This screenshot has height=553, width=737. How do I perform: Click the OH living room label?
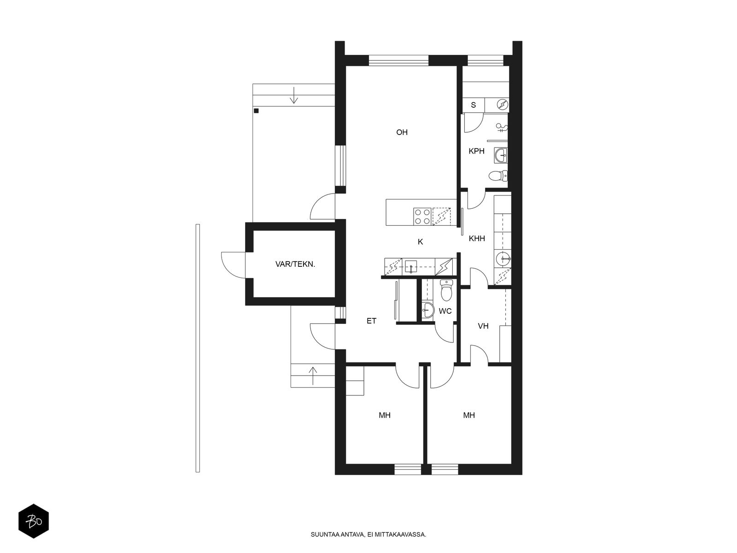point(402,132)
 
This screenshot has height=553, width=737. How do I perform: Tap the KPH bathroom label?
point(476,151)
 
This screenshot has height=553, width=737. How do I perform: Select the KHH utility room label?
point(476,238)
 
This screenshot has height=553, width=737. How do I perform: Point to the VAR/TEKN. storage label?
point(295,264)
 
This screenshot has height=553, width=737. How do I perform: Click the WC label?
point(445,311)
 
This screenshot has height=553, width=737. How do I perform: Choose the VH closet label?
point(483,326)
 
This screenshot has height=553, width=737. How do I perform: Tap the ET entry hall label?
point(371,321)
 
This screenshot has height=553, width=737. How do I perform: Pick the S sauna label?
point(473,105)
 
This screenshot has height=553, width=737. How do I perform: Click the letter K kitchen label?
point(420,242)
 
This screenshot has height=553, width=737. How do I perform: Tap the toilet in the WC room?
point(446,290)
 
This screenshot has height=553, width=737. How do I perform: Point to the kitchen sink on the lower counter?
point(410,267)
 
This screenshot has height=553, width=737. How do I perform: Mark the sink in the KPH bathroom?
point(501,155)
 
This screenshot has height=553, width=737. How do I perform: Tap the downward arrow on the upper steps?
point(294,95)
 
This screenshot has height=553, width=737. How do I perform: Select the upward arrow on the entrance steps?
point(313,376)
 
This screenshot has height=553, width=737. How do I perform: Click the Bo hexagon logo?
point(34,521)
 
